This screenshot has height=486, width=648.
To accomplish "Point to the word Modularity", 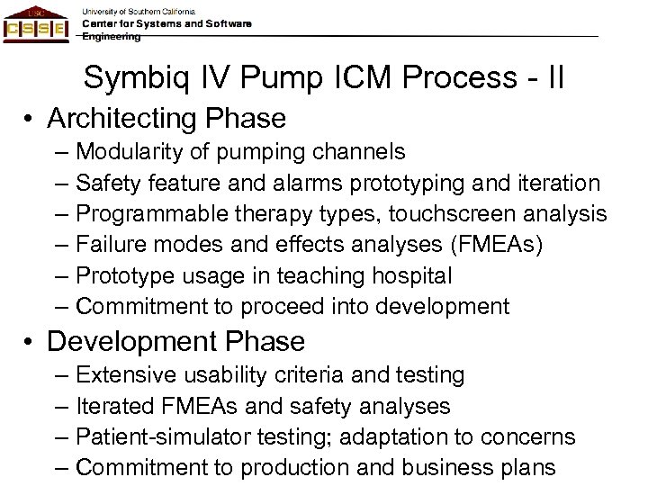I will point(127,152).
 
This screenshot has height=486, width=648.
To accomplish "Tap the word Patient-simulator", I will point(158,436).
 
